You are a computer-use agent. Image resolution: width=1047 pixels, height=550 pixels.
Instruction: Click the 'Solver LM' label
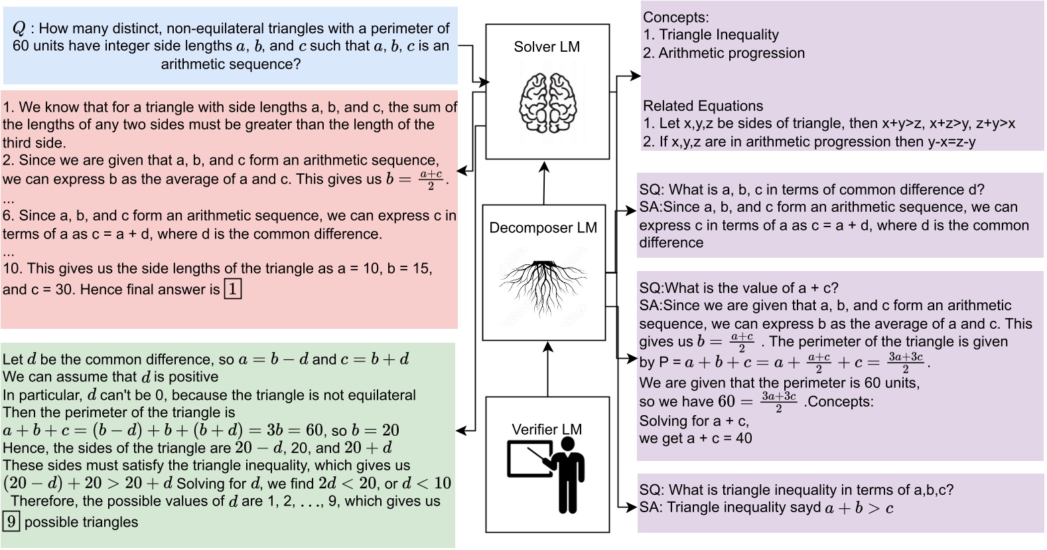(547, 47)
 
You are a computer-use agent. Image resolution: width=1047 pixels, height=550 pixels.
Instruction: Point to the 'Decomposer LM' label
(543, 228)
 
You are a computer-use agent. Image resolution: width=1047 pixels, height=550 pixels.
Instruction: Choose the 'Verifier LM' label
(547, 430)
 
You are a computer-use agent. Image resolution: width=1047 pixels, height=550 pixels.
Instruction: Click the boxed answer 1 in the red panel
(233, 289)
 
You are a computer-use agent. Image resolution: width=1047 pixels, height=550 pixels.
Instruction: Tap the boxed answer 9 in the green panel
(11, 521)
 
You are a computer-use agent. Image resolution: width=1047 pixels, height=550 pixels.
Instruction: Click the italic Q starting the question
(19, 29)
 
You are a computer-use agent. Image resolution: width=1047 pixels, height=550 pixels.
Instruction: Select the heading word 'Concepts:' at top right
(675, 17)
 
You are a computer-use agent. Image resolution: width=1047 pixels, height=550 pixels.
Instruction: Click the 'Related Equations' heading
(703, 106)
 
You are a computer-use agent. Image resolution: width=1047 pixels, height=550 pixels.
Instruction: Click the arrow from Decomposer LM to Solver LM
(544, 183)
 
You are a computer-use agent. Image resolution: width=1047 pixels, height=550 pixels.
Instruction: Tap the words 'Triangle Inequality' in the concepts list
(719, 35)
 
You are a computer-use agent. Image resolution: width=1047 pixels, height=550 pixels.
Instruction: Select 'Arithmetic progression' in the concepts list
(731, 53)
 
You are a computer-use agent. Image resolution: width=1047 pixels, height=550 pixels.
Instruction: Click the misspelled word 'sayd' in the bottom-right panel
(805, 508)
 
